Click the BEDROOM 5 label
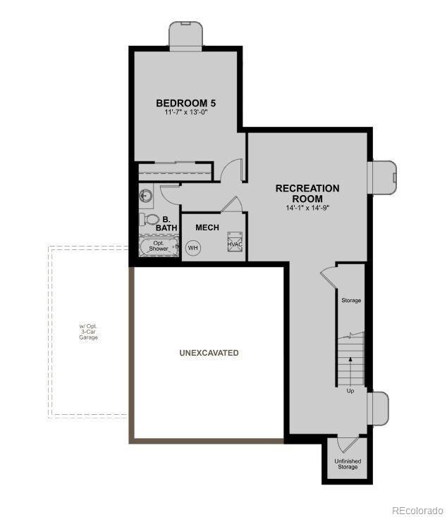tap(185, 103)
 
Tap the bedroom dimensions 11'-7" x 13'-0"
tap(185, 113)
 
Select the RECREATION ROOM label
tap(307, 193)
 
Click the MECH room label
tap(207, 228)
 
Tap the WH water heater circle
tap(192, 248)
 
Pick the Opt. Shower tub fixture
tap(159, 247)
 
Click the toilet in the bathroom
tap(150, 219)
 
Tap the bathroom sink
tap(146, 196)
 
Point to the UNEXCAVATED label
tap(209, 353)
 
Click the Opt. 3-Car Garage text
tap(88, 332)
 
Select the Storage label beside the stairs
tap(351, 301)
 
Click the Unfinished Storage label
tap(348, 464)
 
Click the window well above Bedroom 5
tap(186, 33)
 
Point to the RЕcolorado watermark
tap(417, 510)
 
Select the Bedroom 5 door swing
tap(232, 170)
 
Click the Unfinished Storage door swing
tap(346, 444)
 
